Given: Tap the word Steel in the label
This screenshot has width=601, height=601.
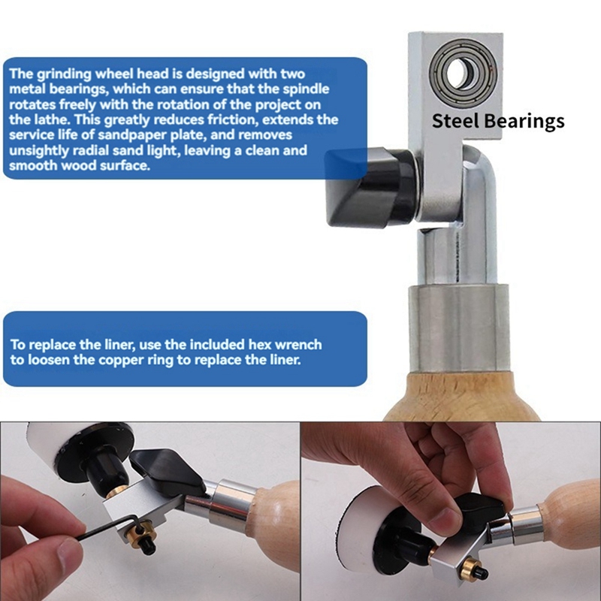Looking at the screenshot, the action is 455,120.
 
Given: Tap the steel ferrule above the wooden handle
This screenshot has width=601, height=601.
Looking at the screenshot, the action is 458,328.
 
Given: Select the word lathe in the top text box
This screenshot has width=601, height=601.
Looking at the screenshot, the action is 49,119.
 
